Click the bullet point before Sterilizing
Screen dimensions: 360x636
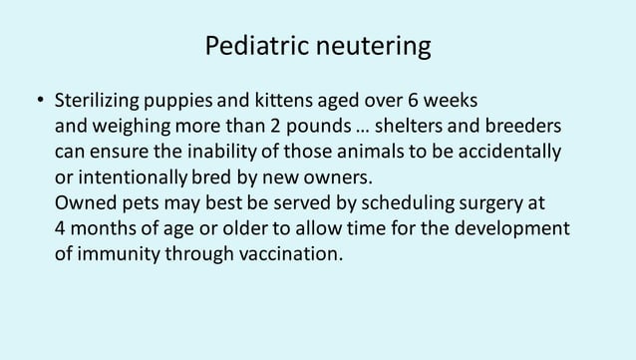tap(40, 104)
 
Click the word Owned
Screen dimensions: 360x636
tap(84, 204)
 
